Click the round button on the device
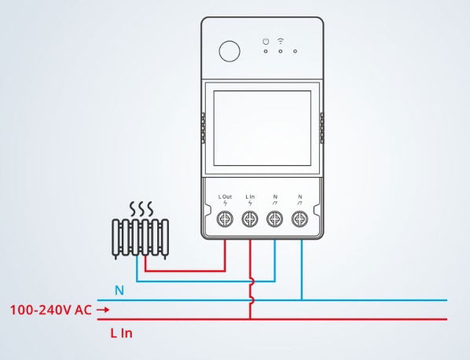[229, 52]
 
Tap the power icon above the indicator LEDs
[266, 42]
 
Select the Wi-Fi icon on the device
[281, 41]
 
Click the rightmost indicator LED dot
[296, 51]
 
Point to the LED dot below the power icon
[266, 51]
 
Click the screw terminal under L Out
[225, 219]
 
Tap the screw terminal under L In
[250, 219]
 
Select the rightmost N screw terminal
[300, 219]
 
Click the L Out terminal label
[225, 197]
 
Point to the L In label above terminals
[250, 197]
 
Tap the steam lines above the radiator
[141, 209]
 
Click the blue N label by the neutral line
[119, 291]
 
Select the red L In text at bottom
[121, 333]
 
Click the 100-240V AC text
[50, 310]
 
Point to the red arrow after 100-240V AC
[103, 310]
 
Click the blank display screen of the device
[263, 128]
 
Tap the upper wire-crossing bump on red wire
[252, 281]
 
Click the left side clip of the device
[203, 128]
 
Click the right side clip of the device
[322, 128]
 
